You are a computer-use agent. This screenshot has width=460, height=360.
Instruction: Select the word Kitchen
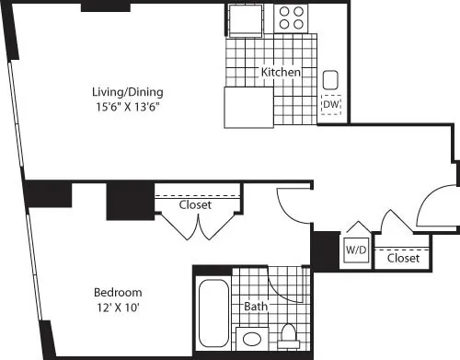pyautogui.click(x=279, y=73)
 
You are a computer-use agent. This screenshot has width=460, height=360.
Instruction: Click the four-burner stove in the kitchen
pyautogui.click(x=292, y=18)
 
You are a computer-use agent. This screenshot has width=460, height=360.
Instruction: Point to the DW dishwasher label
pyautogui.click(x=331, y=105)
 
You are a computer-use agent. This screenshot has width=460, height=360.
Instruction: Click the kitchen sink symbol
pyautogui.click(x=331, y=80)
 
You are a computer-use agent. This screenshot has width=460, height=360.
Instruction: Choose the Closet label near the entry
pyautogui.click(x=403, y=259)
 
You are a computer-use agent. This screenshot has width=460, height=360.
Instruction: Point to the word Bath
pyautogui.click(x=256, y=305)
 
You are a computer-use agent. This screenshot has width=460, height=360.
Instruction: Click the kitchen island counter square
pyautogui.click(x=247, y=109)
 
